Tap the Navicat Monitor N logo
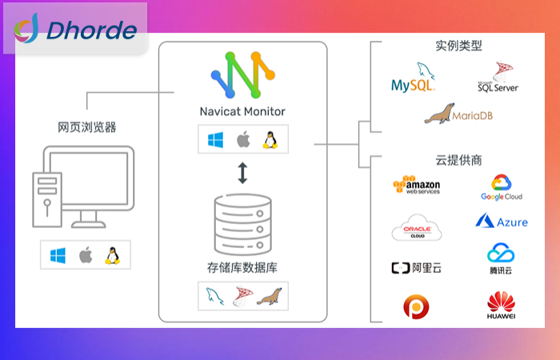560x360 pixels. pos(242,77)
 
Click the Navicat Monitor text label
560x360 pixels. pos(242,111)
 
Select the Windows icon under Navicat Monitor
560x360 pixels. pos(214,141)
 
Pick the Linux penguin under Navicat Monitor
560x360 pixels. pos(270,141)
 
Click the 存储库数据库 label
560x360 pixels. pos(242,266)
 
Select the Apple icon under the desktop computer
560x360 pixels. pos(86,256)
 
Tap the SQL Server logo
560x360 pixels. pos(498,78)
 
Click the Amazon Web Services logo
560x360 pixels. pos(416,186)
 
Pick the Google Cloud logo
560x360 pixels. pos(502,188)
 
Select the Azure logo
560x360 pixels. pos(502,222)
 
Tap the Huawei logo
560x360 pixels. pos(502,307)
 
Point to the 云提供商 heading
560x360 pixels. pos(459,160)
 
